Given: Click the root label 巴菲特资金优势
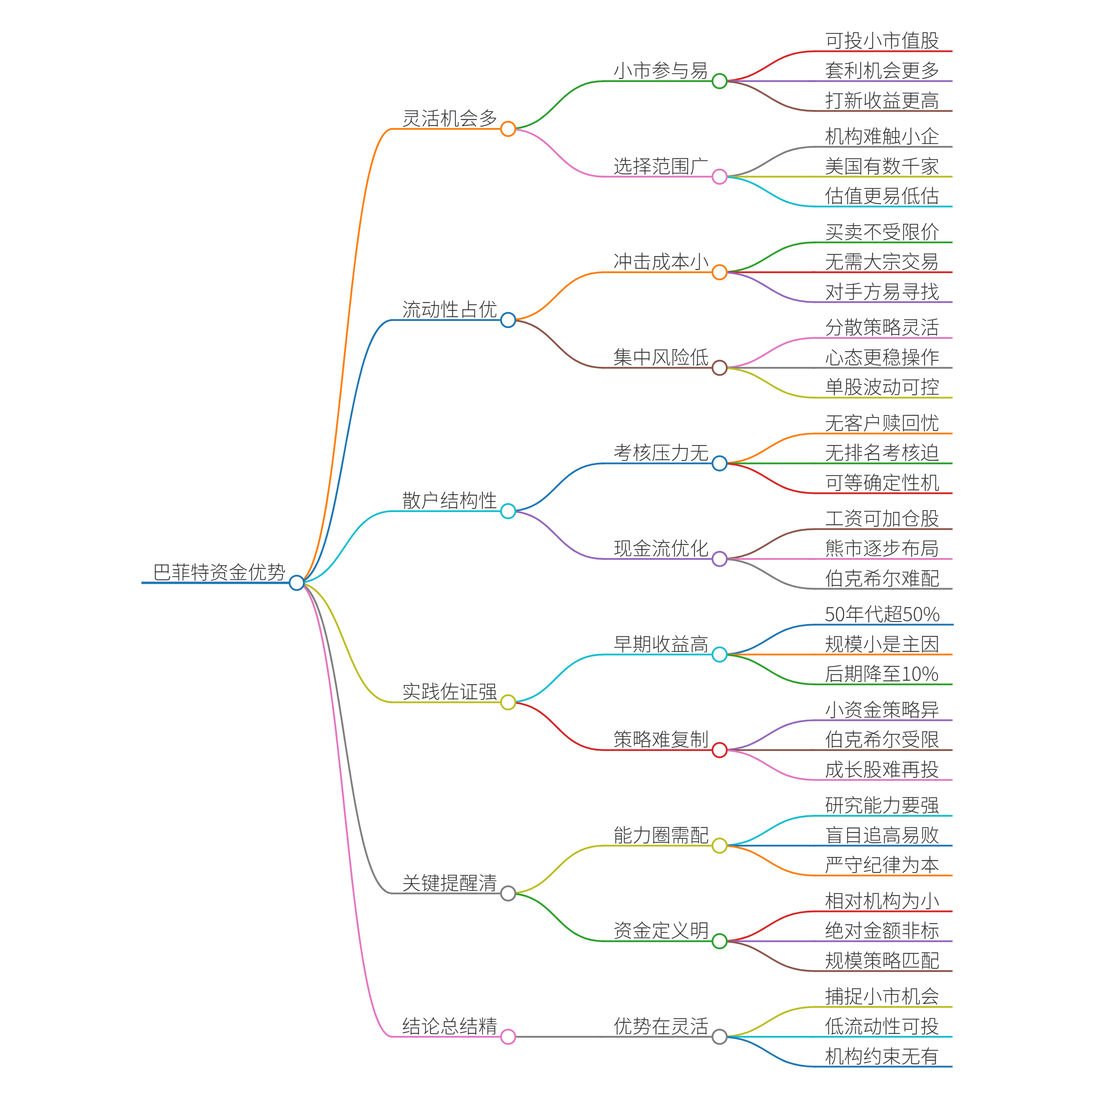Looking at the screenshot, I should click(x=219, y=572).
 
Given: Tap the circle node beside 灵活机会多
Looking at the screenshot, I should click(x=508, y=129).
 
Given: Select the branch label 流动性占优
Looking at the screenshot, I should click(x=450, y=309).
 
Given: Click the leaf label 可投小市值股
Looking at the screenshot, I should click(x=882, y=41).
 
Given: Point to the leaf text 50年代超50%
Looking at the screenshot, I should click(x=882, y=614).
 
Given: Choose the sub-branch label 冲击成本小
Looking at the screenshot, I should click(x=661, y=262).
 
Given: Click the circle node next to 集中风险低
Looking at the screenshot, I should click(x=719, y=368).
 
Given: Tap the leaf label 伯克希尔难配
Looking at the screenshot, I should click(x=882, y=578).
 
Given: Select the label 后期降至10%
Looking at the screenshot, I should click(x=882, y=674).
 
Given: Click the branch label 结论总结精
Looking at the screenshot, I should click(x=450, y=1026).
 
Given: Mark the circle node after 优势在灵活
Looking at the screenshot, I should click(x=719, y=1037).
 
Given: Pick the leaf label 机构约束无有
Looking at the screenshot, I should click(x=882, y=1056).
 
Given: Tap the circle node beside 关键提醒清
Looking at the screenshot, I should click(x=508, y=893).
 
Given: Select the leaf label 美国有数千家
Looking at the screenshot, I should click(x=882, y=166).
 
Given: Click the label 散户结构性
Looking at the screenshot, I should click(x=450, y=501).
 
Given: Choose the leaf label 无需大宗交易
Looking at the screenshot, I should click(x=882, y=262).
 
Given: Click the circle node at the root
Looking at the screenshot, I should click(x=296, y=583).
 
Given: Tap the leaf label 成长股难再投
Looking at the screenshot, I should click(x=882, y=770).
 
